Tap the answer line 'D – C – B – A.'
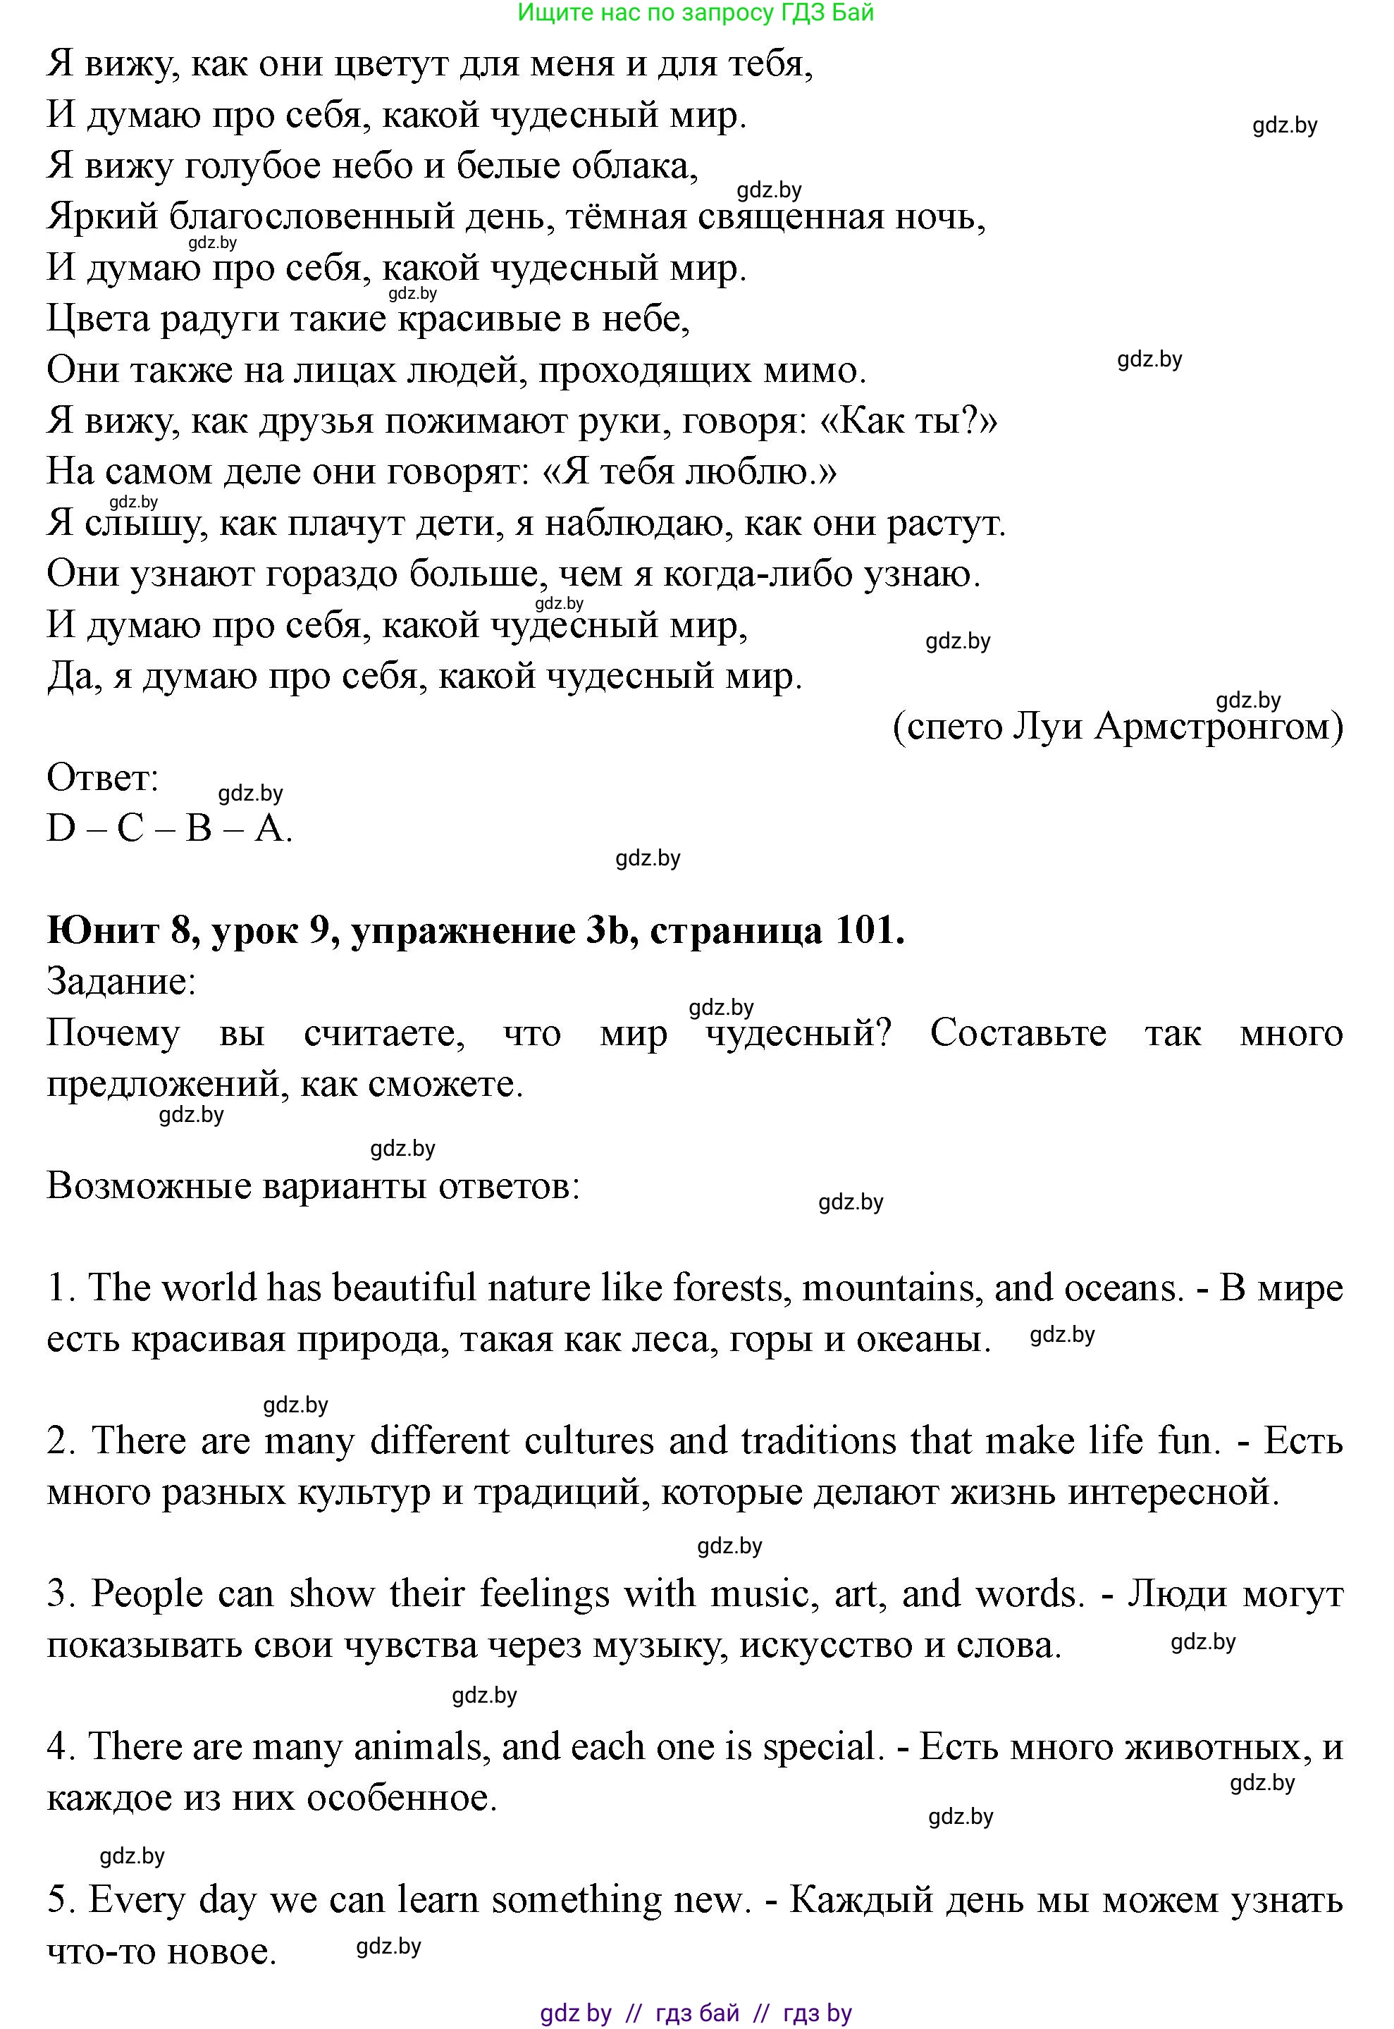coord(168,828)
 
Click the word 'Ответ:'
coord(102,777)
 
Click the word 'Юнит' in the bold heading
coord(102,931)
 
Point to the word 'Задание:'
coord(121,982)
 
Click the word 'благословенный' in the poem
coord(312,216)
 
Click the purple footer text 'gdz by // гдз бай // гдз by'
coord(696,2012)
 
